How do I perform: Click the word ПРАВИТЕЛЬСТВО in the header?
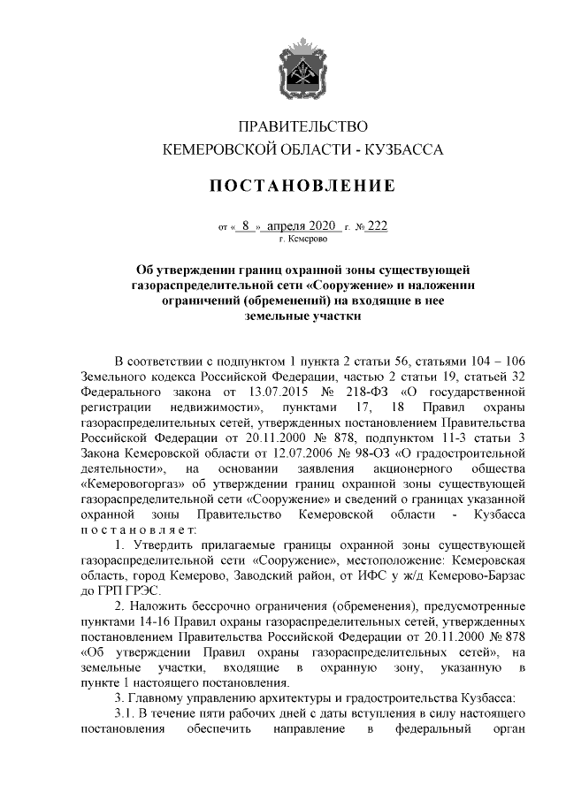tap(303, 126)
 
